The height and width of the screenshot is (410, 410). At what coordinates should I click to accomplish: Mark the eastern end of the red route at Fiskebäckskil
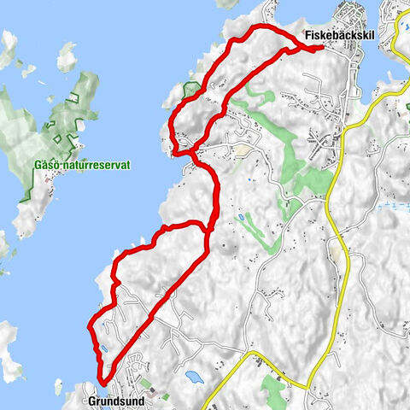(x=320, y=48)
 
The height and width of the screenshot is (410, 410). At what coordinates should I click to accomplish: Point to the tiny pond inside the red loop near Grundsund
(x=102, y=348)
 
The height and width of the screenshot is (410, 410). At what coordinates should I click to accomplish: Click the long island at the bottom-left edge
(x=9, y=350)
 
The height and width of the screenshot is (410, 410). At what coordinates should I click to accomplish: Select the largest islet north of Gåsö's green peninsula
(x=67, y=58)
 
